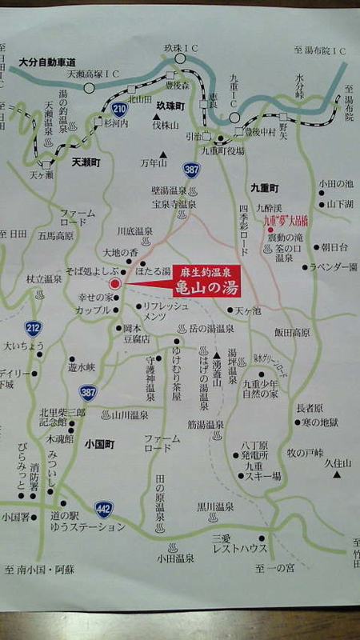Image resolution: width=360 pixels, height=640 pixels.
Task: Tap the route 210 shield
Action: [119, 109]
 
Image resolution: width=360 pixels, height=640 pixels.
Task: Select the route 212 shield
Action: [32, 327]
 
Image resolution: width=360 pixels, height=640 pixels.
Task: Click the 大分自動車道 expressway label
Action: [47, 62]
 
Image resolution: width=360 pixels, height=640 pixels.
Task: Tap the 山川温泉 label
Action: [130, 415]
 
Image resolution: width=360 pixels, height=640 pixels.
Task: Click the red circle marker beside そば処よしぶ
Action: [114, 283]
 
